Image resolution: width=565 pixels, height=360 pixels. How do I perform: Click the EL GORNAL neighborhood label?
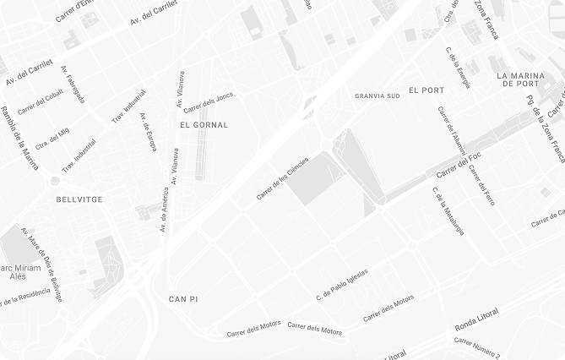204,124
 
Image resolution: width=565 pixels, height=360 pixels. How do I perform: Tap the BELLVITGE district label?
79,199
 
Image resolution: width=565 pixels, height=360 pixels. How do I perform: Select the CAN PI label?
182,299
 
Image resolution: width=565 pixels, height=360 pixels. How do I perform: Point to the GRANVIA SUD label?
378,96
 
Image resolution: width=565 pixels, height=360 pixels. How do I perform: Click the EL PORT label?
426,90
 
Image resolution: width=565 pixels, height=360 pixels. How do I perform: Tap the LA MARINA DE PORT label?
529,79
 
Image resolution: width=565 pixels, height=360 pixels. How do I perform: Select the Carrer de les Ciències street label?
282,178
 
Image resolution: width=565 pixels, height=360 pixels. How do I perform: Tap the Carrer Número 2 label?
477,346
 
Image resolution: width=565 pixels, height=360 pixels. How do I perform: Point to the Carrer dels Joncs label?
208,102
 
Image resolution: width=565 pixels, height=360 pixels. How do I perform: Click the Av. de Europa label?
148,132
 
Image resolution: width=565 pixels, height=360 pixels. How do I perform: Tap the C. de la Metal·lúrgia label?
448,210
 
